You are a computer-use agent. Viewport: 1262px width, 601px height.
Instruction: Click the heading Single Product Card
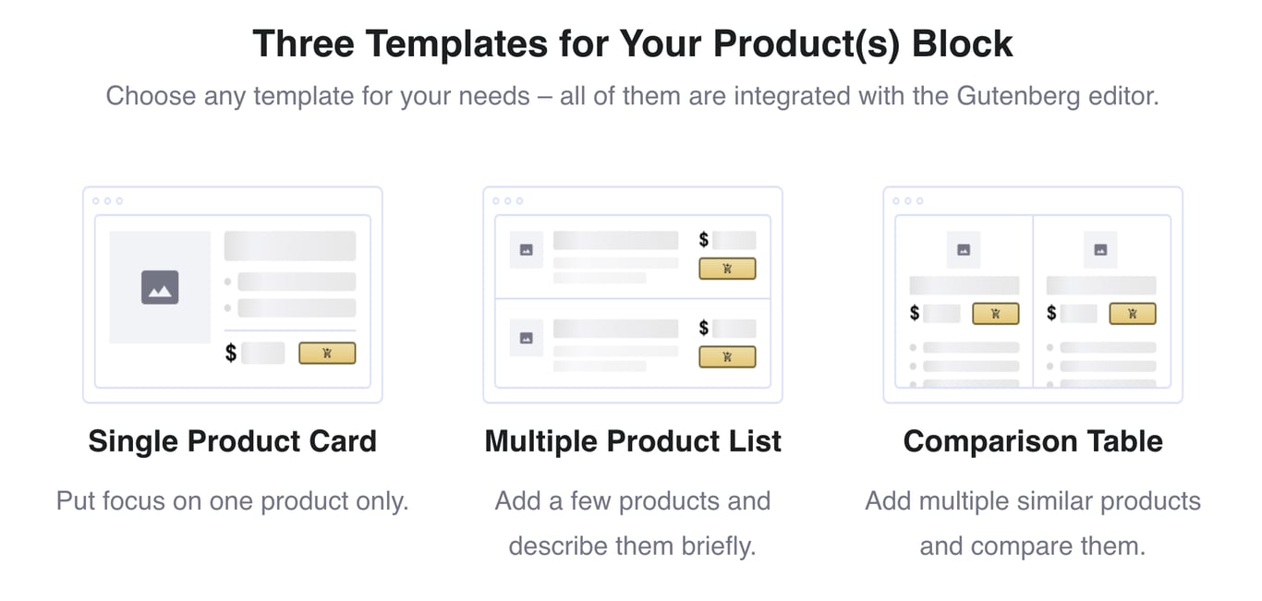pos(232,441)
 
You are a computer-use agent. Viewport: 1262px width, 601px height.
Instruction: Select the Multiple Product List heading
pos(633,441)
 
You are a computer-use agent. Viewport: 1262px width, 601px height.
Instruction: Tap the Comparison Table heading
pos(1033,441)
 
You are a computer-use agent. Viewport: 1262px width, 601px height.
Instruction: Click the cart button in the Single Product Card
pos(327,353)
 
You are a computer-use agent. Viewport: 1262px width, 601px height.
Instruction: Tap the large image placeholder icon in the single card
pos(160,287)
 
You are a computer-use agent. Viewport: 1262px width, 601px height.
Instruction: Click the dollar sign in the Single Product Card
pos(231,353)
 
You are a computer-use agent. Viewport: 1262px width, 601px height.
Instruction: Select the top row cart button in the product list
pos(727,269)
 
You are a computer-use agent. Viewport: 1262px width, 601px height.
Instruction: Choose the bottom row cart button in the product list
pos(727,356)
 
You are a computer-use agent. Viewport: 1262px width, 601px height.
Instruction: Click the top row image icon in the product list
pos(527,250)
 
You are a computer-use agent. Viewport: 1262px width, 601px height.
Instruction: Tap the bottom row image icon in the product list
pos(527,338)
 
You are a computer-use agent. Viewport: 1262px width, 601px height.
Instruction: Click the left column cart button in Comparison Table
pos(995,313)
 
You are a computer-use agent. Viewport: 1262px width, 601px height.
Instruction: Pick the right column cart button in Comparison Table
pos(1132,313)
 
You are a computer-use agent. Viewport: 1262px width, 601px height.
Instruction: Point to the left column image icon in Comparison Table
pos(964,249)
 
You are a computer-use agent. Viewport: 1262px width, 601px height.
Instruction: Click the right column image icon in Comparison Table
pos(1100,249)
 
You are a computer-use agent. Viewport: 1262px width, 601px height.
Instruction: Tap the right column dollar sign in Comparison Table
pos(1051,313)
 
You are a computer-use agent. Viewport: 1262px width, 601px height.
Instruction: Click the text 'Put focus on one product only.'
pos(232,501)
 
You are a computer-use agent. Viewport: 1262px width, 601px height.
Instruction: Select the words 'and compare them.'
pos(1033,546)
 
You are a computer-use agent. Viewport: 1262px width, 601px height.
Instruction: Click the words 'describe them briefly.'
pos(633,546)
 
